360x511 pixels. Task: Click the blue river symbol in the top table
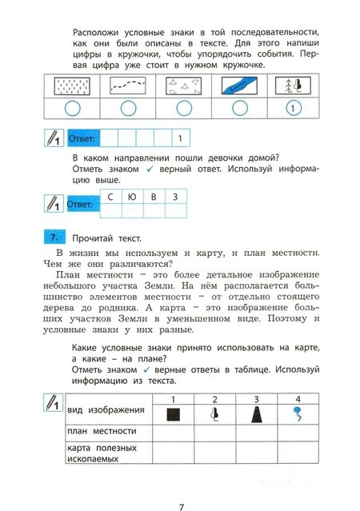[239, 86]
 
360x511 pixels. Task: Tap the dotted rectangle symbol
[72, 86]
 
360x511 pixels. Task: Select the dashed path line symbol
[128, 86]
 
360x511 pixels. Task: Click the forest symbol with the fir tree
[293, 85]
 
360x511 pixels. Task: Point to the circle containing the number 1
[293, 108]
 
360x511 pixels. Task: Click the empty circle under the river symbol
[240, 108]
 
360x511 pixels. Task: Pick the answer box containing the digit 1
[180, 138]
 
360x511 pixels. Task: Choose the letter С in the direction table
[110, 197]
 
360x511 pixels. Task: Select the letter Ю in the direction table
[132, 197]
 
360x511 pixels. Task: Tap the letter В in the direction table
[154, 197]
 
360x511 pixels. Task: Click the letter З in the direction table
[175, 197]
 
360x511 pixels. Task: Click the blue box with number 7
[54, 237]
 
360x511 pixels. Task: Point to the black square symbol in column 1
[173, 415]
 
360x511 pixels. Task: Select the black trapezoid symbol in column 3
[257, 414]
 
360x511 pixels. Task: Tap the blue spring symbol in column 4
[298, 413]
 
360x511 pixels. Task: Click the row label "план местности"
[102, 431]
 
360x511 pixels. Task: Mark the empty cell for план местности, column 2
[214, 433]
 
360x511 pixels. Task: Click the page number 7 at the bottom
[182, 507]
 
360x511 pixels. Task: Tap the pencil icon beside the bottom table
[53, 402]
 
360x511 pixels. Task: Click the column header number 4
[298, 399]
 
